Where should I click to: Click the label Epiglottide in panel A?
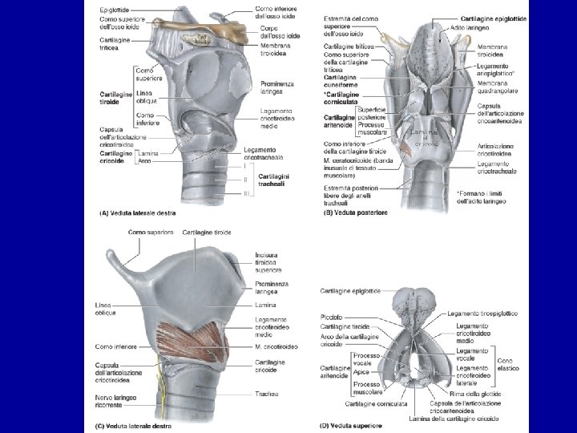[117, 9]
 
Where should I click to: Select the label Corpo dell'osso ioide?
[280, 32]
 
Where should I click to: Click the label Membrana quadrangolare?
[497, 86]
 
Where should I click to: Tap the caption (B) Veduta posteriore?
[354, 212]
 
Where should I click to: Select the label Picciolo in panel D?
[331, 318]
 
